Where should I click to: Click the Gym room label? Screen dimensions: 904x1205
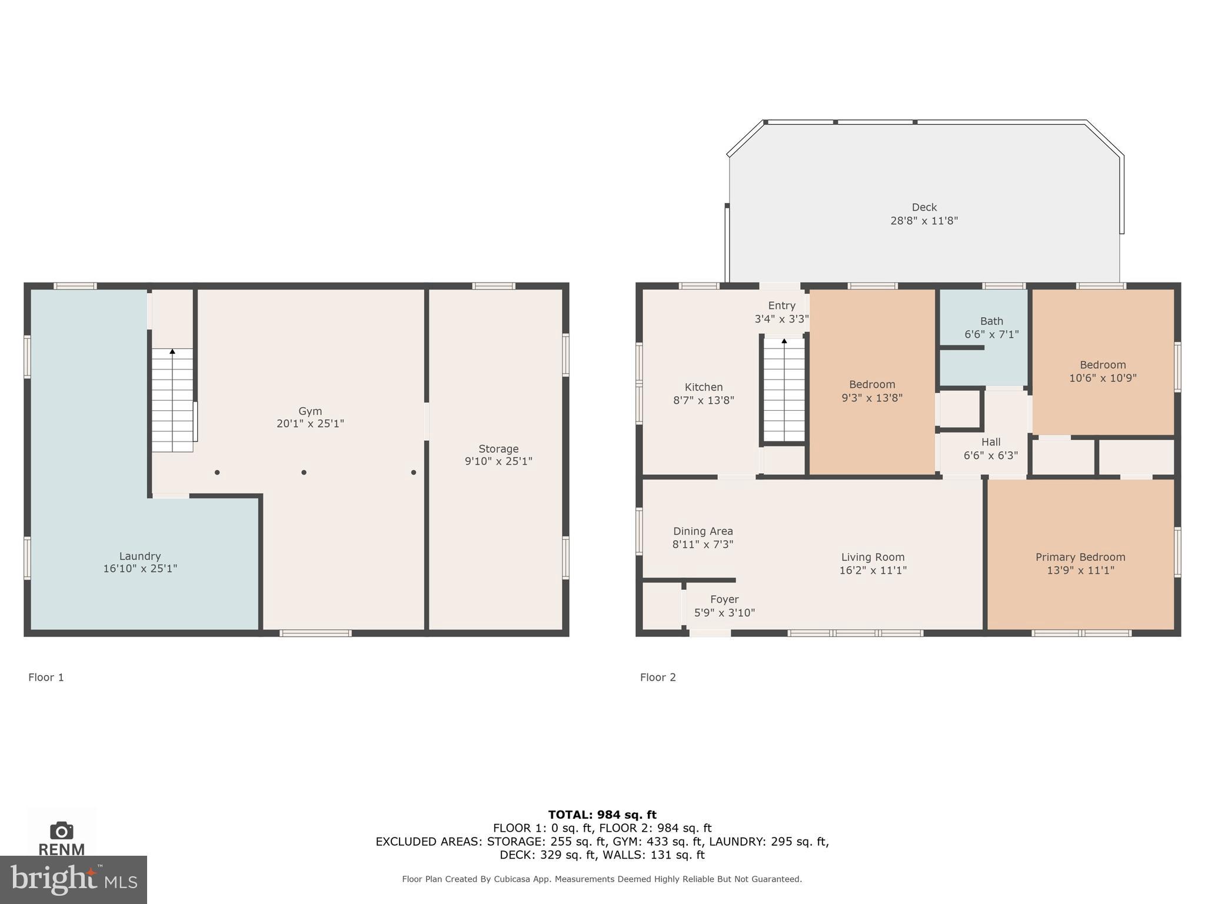pyautogui.click(x=310, y=411)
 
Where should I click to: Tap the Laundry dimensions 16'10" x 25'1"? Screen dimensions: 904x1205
pyautogui.click(x=140, y=569)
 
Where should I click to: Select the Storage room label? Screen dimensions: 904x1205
pyautogui.click(x=498, y=448)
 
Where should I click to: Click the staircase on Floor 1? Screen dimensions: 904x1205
pyautogui.click(x=172, y=400)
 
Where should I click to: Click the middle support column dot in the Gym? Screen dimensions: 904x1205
pyautogui.click(x=304, y=472)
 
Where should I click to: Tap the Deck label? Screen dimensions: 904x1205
pyautogui.click(x=924, y=207)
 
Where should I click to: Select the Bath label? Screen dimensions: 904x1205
pyautogui.click(x=991, y=321)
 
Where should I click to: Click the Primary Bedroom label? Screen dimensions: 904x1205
pyautogui.click(x=1080, y=557)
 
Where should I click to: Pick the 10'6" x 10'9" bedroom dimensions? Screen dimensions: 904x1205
pyautogui.click(x=1103, y=378)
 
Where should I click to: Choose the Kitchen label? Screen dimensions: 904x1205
pyautogui.click(x=704, y=387)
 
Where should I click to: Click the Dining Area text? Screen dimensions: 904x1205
pyautogui.click(x=703, y=531)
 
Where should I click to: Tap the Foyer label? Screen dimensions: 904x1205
pyautogui.click(x=724, y=599)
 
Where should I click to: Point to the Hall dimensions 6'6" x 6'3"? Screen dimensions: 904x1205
pyautogui.click(x=991, y=455)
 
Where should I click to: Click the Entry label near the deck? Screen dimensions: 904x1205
pyautogui.click(x=782, y=305)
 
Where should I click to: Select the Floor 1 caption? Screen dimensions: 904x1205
pyautogui.click(x=46, y=677)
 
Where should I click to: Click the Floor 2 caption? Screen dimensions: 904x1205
pyautogui.click(x=658, y=677)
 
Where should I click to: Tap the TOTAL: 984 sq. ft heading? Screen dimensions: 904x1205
pyautogui.click(x=602, y=815)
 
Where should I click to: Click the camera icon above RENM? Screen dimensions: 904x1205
pyautogui.click(x=61, y=830)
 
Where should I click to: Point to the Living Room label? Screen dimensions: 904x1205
pyautogui.click(x=873, y=557)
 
